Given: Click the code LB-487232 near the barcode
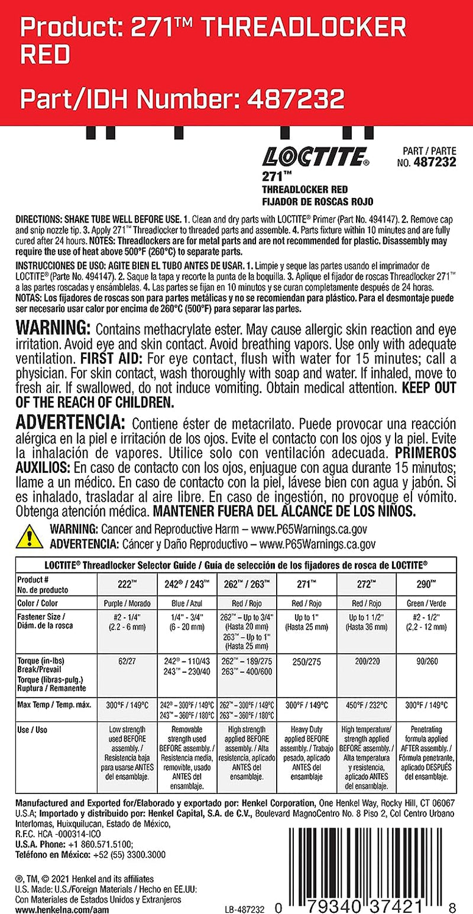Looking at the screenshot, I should tap(244, 906).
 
